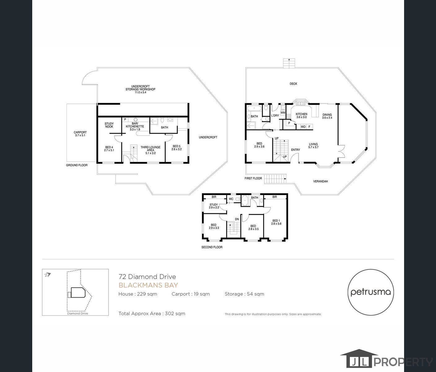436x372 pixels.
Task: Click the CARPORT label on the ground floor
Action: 80,134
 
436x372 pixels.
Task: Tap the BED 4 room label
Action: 109,149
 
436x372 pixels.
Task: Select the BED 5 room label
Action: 176,148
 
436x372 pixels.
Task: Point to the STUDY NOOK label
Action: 109,125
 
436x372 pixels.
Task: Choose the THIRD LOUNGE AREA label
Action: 150,150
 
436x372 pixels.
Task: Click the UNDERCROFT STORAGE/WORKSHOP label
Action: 143,89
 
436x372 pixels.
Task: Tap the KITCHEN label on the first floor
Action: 301,116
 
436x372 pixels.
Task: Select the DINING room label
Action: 327,116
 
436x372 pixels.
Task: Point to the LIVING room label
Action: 313,146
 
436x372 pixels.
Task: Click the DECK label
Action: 293,84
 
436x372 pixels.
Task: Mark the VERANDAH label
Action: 320,181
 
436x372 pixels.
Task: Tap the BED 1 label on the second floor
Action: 276,222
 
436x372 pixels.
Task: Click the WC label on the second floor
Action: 231,199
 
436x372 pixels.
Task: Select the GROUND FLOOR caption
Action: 77,165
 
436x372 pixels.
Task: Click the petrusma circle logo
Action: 371,292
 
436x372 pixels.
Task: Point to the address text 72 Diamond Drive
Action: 147,277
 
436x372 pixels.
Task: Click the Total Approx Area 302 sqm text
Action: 152,313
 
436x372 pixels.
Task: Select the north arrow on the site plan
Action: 47,275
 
